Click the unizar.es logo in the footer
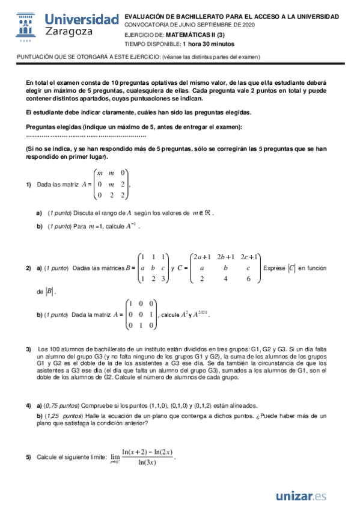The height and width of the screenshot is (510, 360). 301,496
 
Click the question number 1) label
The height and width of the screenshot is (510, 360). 28,185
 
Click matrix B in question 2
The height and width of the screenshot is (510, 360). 154,267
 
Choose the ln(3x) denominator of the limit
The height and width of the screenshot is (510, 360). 147,462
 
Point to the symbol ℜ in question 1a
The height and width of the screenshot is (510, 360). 207,212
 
